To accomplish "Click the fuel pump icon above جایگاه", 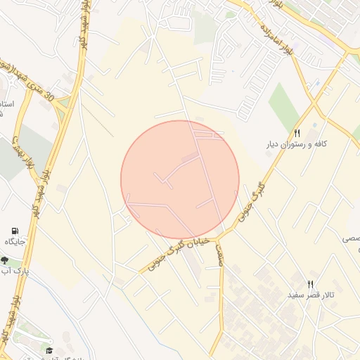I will tap(15, 231).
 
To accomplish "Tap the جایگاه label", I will tap(15, 242).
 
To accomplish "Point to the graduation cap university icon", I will tap(49, 350).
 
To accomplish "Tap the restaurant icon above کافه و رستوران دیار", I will tap(297, 133).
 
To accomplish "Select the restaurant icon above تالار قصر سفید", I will tap(309, 283).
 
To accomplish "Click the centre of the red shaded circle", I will tap(180, 179).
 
